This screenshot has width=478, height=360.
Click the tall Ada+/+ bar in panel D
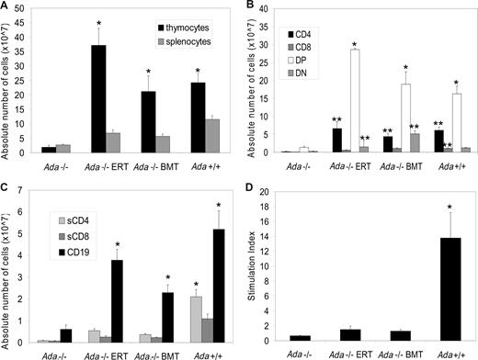pos(445,290)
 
